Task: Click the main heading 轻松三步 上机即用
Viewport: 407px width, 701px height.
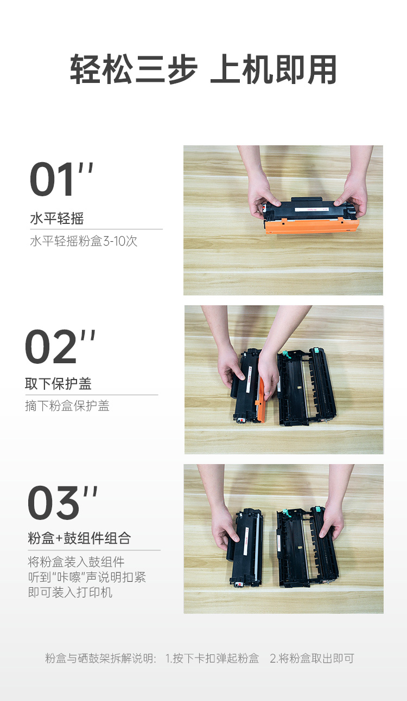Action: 203,69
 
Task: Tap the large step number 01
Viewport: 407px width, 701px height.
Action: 52,179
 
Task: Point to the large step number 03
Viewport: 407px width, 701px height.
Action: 54,503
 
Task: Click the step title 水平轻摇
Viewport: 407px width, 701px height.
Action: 57,218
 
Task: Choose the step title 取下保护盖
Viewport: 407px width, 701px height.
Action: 58,384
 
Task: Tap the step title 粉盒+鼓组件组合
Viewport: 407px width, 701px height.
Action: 79,538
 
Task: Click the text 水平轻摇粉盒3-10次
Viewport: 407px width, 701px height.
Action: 84,241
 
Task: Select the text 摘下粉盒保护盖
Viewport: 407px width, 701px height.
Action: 67,406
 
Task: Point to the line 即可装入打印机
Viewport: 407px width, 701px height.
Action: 70,593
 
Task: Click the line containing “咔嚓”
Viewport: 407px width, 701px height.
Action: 87,577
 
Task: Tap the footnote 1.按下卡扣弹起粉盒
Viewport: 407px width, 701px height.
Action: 212,658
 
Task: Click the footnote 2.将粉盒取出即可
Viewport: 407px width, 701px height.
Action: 312,658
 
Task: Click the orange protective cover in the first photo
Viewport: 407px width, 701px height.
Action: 311,226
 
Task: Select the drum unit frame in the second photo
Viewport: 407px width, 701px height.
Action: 307,388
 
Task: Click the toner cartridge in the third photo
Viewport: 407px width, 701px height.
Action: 245,548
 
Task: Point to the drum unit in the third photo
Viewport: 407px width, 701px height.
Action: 308,547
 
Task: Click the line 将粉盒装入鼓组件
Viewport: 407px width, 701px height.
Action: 76,562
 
